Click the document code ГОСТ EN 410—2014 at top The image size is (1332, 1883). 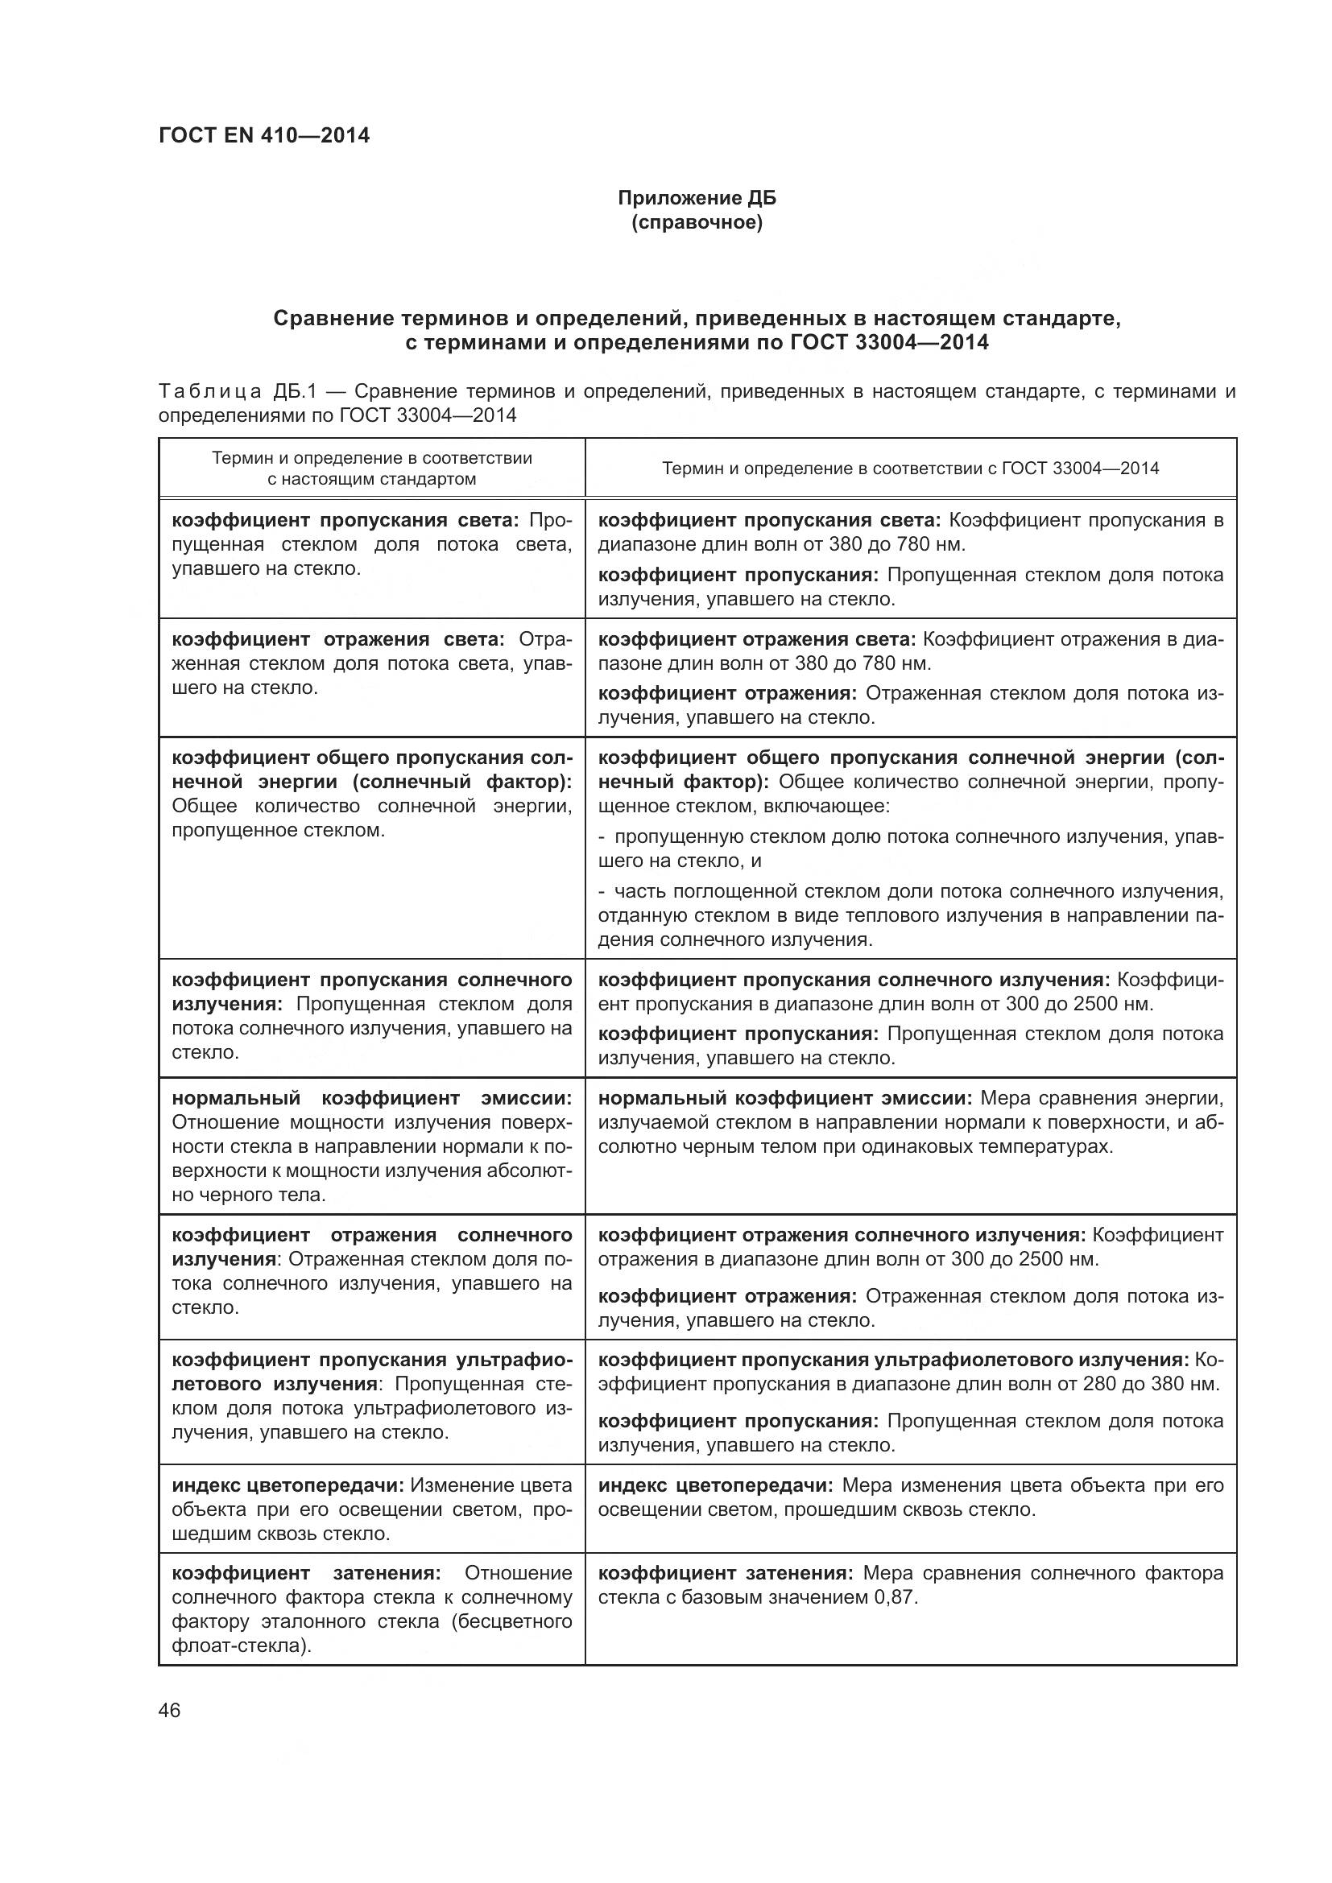click(x=264, y=135)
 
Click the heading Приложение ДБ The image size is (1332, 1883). click(x=697, y=198)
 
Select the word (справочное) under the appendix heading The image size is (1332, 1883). click(x=697, y=222)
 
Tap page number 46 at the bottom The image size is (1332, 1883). click(x=170, y=1711)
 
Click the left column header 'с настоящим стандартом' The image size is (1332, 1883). click(x=371, y=479)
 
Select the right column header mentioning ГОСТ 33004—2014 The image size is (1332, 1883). click(x=911, y=469)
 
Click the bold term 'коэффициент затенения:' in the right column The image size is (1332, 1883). click(x=726, y=1573)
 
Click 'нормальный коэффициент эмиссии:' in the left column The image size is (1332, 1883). click(x=371, y=1098)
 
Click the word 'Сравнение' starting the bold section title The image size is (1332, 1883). click(x=327, y=317)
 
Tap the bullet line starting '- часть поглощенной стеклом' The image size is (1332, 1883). click(x=911, y=891)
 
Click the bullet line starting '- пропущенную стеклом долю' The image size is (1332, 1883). click(x=911, y=836)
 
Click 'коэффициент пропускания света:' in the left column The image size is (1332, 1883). click(x=345, y=520)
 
